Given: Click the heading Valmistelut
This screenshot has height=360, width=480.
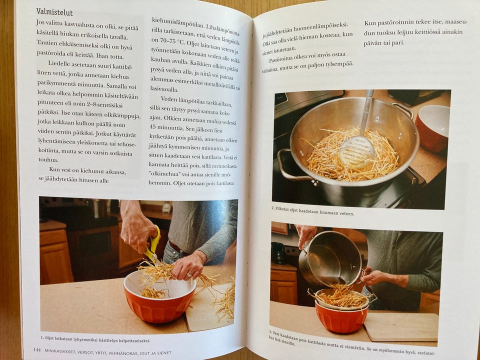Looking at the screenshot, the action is tap(54, 12).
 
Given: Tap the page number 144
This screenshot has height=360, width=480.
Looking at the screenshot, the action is tap(36, 349).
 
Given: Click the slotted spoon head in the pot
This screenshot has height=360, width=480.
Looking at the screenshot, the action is tap(357, 151).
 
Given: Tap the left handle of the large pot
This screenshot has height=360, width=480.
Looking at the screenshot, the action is tap(291, 166).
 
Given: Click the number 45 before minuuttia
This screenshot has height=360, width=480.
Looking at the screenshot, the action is tap(152, 126).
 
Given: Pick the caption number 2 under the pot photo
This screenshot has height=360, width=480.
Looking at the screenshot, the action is tap(273, 208).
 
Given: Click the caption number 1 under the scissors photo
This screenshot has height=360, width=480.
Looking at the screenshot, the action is tap(42, 338).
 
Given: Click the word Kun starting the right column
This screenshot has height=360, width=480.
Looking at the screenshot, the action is tap(369, 23).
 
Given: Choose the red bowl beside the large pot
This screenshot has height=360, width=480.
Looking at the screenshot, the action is tap(432, 128).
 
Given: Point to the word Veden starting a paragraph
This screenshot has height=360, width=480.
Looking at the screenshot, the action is tap(168, 99).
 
